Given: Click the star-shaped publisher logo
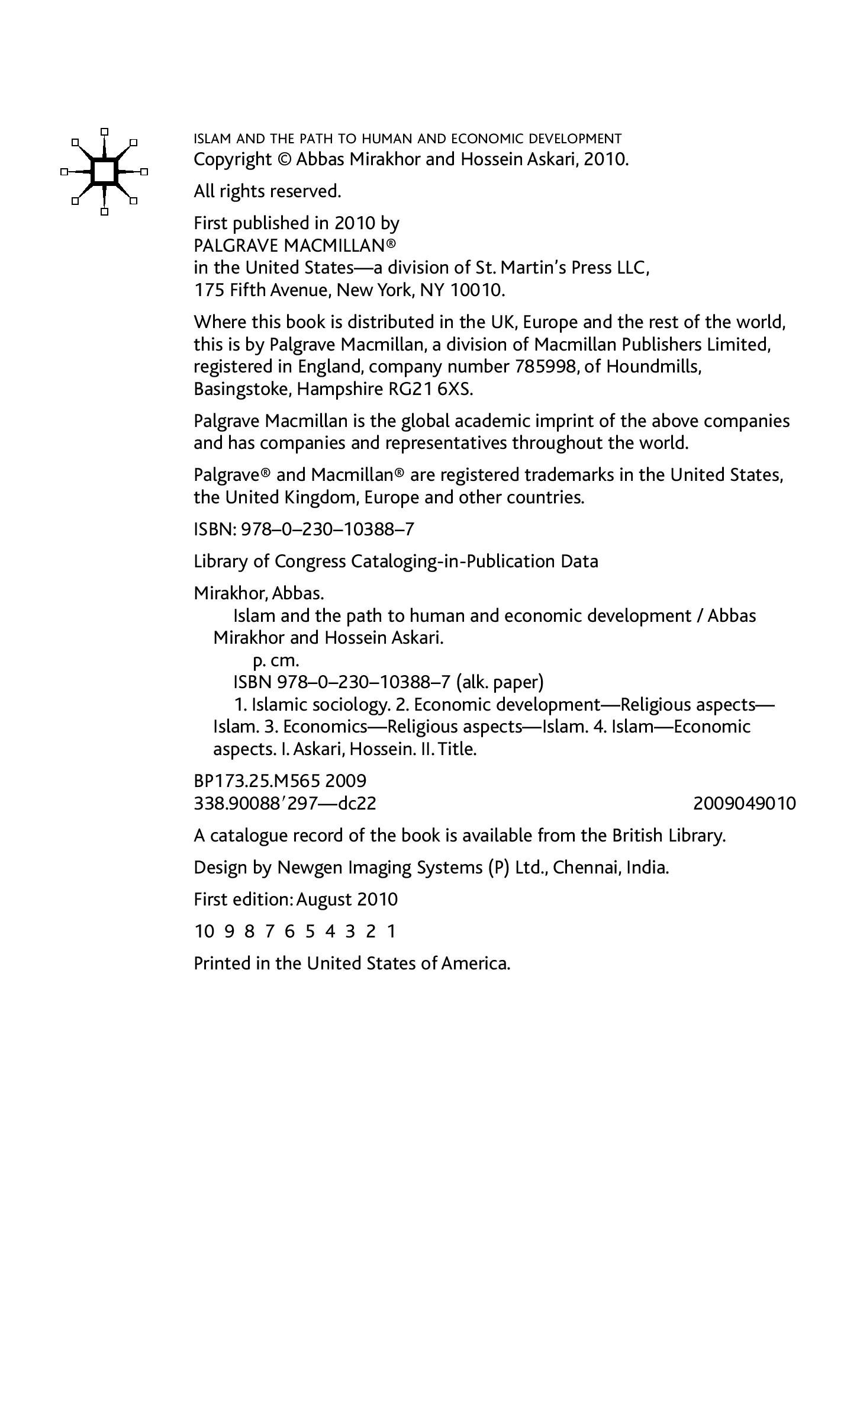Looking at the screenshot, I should [104, 171].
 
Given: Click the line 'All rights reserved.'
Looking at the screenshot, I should [268, 191].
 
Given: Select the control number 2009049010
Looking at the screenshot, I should [744, 804].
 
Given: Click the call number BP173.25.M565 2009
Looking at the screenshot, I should [280, 781].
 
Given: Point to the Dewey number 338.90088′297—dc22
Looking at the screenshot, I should [285, 804].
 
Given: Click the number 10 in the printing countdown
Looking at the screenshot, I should [204, 932].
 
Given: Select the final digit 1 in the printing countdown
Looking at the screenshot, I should [391, 932].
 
